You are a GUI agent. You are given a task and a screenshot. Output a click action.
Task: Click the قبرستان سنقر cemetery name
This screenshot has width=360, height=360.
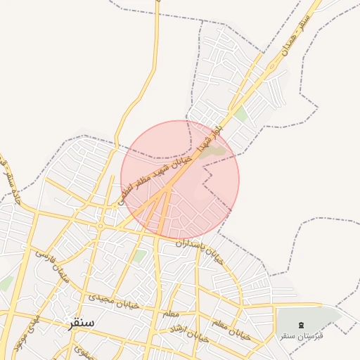tap(302, 335)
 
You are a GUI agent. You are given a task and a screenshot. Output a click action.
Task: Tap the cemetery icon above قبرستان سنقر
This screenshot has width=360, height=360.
tap(302, 324)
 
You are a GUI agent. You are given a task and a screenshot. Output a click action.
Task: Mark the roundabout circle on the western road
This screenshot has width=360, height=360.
tap(101, 226)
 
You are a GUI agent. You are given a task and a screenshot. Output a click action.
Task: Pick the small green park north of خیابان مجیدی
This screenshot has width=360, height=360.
tap(139, 257)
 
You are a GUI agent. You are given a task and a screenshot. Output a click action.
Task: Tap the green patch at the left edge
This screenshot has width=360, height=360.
tap(6, 283)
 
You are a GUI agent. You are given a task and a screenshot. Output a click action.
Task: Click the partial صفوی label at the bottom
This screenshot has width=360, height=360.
tap(83, 351)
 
